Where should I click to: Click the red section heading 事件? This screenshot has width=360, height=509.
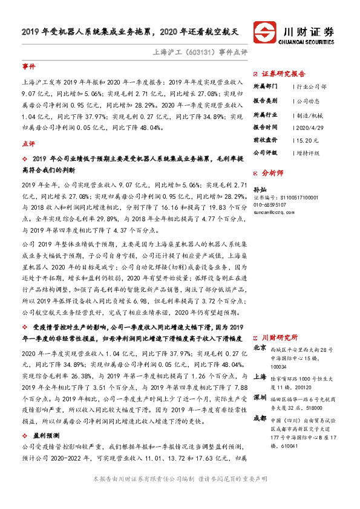28,65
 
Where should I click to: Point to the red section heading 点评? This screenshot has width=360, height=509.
28,144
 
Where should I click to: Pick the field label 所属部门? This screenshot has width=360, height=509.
264,86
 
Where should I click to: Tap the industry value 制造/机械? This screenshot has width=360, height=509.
304,114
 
